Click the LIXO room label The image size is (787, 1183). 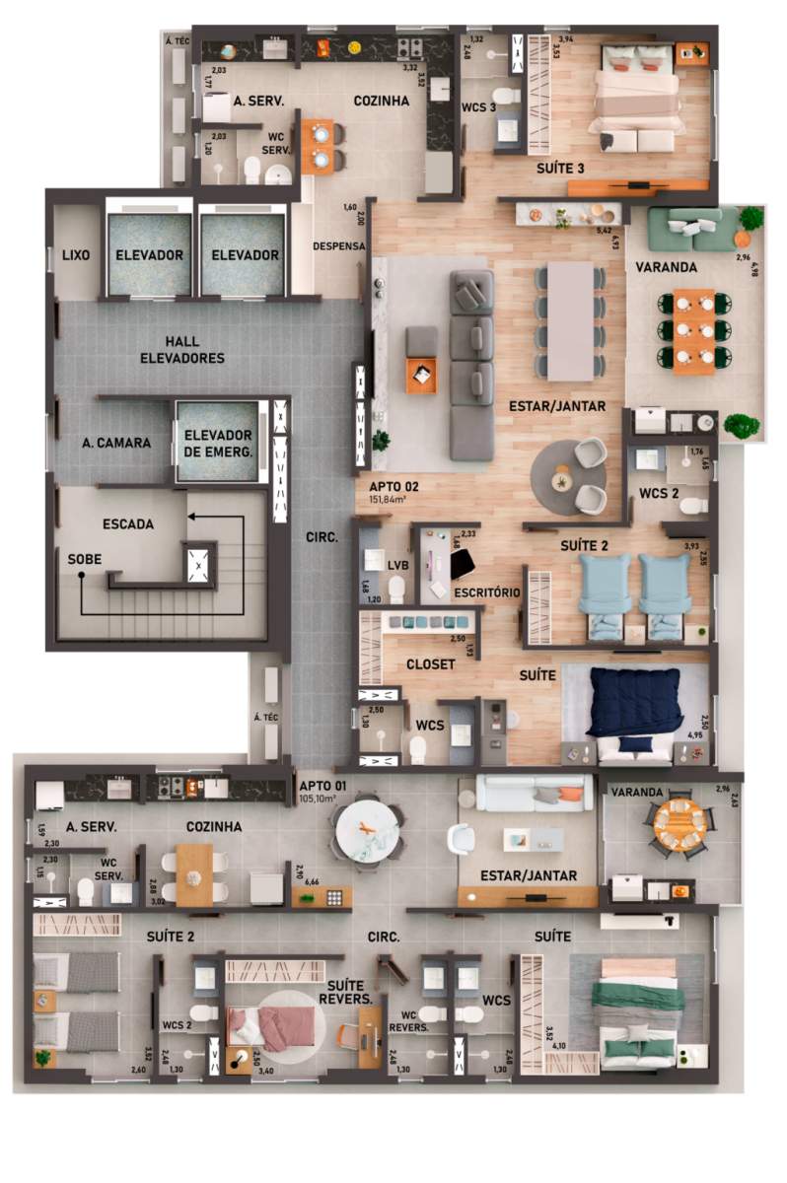point(75,255)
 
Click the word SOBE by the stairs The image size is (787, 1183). point(85,558)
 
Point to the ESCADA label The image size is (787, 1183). point(128,524)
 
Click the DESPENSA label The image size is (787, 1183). point(338,245)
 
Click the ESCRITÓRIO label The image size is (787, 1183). point(485,592)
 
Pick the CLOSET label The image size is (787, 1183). point(431,664)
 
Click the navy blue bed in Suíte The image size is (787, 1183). point(634,702)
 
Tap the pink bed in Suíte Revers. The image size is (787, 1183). point(273,1026)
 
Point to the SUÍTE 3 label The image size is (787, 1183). point(560,169)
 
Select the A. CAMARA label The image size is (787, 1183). point(116,443)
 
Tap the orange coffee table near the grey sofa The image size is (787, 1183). point(420,375)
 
